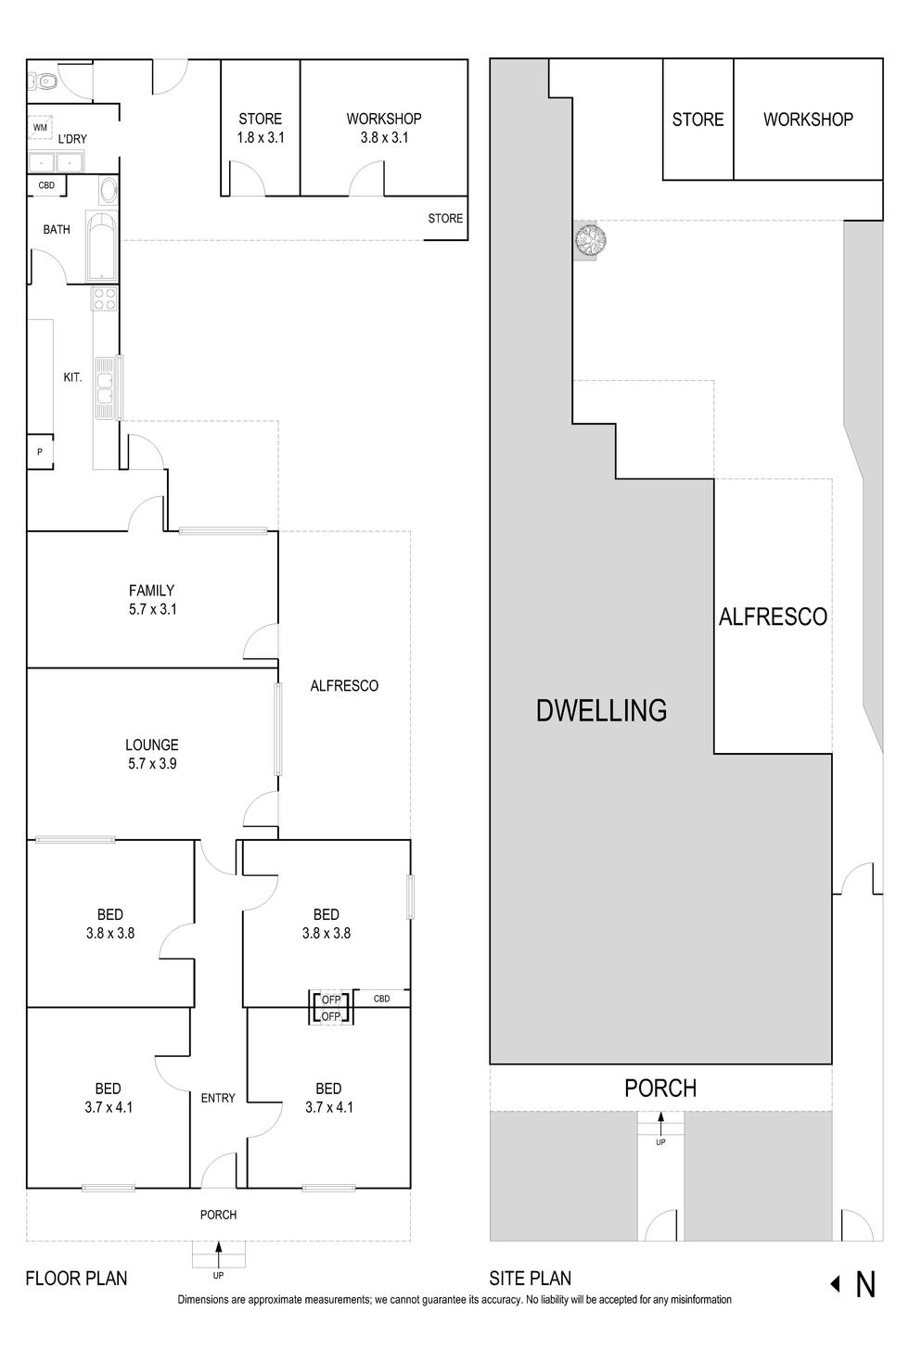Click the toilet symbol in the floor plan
pyautogui.click(x=46, y=83)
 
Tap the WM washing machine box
pyautogui.click(x=40, y=127)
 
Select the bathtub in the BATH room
pyautogui.click(x=100, y=246)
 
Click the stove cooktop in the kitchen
pyautogui.click(x=105, y=299)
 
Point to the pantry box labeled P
pyautogui.click(x=40, y=452)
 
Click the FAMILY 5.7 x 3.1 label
pyautogui.click(x=152, y=600)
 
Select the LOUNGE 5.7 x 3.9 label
pyautogui.click(x=152, y=754)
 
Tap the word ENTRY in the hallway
pyautogui.click(x=218, y=1098)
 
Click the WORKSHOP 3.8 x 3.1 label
pyautogui.click(x=384, y=128)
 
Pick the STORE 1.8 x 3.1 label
pyautogui.click(x=260, y=128)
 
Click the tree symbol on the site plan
pyautogui.click(x=590, y=240)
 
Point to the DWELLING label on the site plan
pyautogui.click(x=601, y=710)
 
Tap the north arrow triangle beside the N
pyautogui.click(x=835, y=1284)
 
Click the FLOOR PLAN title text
pyautogui.click(x=76, y=1279)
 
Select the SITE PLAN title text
pyautogui.click(x=530, y=1279)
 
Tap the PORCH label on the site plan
pyautogui.click(x=660, y=1088)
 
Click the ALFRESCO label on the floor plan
pyautogui.click(x=344, y=686)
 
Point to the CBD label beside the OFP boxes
pyautogui.click(x=381, y=999)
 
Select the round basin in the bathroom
pyautogui.click(x=108, y=191)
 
